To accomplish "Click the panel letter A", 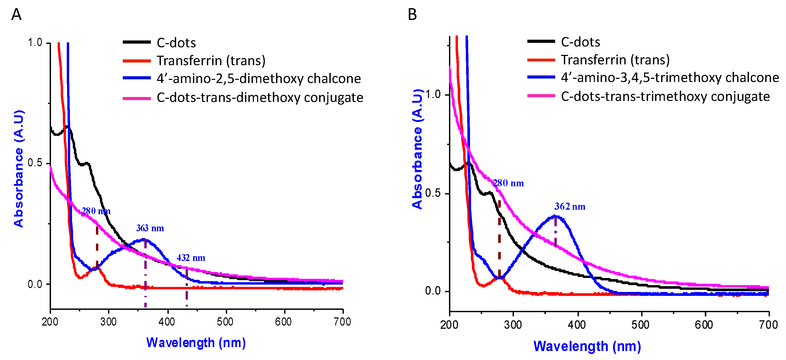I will click(16, 15).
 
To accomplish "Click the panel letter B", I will click(412, 15).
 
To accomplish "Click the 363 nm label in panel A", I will click(150, 228).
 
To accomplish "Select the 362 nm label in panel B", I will click(570, 207).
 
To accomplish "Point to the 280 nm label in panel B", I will click(508, 183).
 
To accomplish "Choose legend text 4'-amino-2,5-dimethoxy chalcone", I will click(258, 79).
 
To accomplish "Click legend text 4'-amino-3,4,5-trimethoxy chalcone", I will click(670, 78).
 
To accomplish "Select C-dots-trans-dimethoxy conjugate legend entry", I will click(260, 98).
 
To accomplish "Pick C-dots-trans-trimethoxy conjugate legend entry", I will click(665, 97).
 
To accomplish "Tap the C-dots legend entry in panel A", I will click(176, 43).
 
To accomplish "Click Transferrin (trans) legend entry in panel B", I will click(615, 60).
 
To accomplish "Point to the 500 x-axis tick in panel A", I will click(226, 322).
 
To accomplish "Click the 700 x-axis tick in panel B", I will click(768, 325).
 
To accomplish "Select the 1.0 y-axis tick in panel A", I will click(35, 43).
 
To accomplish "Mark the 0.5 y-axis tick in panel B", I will click(433, 193).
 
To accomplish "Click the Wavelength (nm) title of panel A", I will click(196, 343).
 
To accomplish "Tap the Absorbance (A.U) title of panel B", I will click(417, 150).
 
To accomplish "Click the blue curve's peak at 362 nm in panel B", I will click(555, 216).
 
